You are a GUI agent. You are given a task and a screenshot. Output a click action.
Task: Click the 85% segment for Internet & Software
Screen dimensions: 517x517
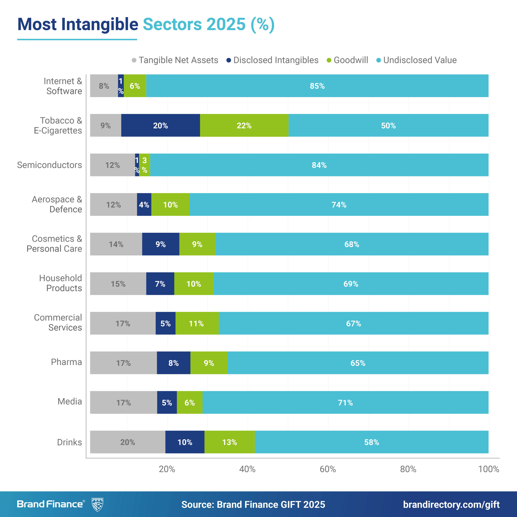317,86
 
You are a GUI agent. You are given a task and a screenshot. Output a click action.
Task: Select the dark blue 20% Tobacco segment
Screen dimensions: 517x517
161,125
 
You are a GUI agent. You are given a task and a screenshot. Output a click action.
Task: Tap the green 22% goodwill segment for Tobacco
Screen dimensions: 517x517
244,125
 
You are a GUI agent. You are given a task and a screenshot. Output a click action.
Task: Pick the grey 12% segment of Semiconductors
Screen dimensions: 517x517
112,165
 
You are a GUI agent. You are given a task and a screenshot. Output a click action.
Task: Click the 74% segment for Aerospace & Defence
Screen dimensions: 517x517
339,205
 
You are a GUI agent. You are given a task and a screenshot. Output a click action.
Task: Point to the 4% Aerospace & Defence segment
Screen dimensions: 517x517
144,205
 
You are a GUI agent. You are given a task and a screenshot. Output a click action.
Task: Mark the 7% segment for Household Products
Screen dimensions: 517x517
160,284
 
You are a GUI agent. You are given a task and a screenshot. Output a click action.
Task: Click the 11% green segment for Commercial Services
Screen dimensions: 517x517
197,323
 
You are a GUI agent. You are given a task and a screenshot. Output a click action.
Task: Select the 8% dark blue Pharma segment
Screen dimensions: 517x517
173,363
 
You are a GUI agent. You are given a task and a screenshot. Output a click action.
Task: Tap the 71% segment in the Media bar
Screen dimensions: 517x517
345,402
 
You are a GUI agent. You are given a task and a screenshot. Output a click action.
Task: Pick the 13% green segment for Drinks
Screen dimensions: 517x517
230,442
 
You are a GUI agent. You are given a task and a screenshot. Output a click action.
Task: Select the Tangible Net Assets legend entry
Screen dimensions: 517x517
175,60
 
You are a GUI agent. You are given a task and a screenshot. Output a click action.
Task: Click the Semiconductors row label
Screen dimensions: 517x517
49,165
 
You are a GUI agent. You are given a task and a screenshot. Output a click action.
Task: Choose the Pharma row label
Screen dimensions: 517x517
66,362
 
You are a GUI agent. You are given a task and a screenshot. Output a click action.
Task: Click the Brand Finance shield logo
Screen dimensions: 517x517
97,504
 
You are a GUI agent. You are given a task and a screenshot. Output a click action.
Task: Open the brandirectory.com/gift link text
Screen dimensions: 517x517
451,504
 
